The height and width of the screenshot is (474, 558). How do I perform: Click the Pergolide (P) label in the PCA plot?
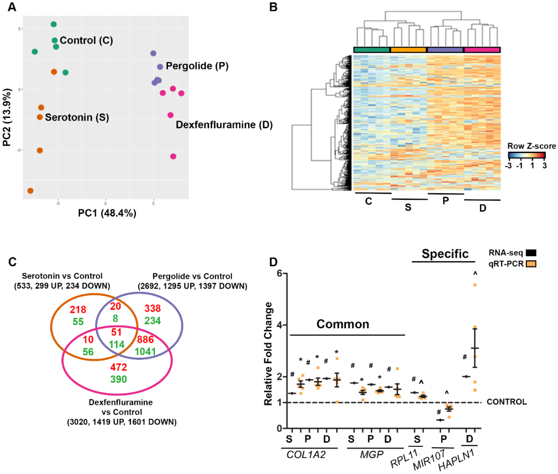(x=197, y=66)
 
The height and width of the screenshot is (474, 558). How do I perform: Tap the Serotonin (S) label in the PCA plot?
(x=77, y=117)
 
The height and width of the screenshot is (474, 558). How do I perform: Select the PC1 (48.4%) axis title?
(x=107, y=213)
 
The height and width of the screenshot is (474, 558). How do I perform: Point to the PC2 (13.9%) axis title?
(x=7, y=117)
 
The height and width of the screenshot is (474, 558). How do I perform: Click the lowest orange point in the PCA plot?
(x=30, y=191)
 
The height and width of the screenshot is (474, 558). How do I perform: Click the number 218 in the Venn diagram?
(x=78, y=310)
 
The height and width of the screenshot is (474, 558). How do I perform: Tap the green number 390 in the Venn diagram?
(x=118, y=379)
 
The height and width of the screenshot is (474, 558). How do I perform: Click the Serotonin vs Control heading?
(x=62, y=276)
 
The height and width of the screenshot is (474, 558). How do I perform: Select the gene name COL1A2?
(x=306, y=455)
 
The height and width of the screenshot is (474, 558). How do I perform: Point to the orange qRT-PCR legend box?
(x=531, y=264)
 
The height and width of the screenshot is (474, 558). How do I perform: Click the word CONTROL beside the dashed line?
(x=507, y=402)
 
